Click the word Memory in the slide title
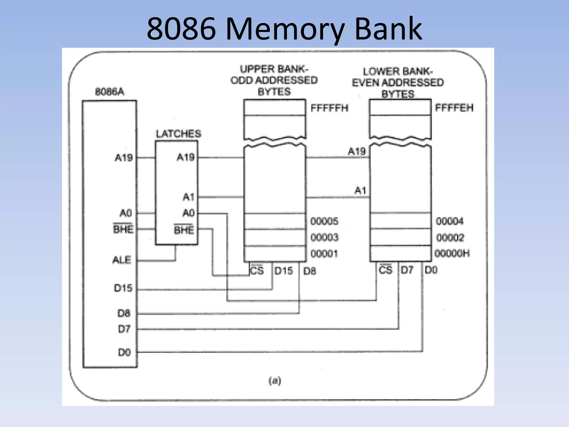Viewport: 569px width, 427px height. tap(285, 29)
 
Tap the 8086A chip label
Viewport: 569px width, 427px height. tap(109, 92)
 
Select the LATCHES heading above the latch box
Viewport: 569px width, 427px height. tap(178, 134)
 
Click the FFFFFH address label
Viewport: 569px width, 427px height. tap(329, 108)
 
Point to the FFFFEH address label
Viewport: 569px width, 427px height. tap(454, 108)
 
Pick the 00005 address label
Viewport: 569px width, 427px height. tap(324, 221)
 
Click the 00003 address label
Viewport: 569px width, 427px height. tap(324, 237)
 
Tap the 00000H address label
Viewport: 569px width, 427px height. tap(452, 253)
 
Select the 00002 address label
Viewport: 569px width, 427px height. tap(450, 238)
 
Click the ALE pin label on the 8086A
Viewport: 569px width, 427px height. tap(122, 260)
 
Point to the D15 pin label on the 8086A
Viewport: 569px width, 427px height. tap(123, 288)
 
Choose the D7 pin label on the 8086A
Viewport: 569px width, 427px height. tap(124, 329)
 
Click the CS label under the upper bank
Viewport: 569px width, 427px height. tap(256, 270)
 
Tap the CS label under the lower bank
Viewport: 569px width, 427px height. tap(385, 270)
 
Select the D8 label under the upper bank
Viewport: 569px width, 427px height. tap(310, 271)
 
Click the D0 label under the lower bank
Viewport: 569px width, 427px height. tap(431, 270)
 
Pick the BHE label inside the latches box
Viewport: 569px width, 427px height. tap(184, 230)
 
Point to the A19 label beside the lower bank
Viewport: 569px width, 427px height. tap(356, 151)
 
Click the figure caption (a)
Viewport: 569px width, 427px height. tap(274, 381)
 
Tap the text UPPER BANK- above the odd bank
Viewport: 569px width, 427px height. tap(274, 69)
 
